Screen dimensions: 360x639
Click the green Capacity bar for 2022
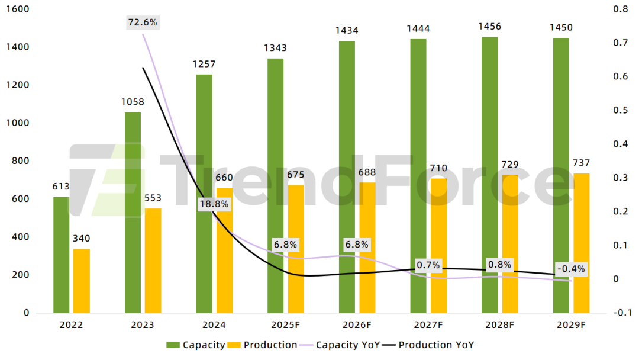point(61,255)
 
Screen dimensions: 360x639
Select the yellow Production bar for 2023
point(153,261)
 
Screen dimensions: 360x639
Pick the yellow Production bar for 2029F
point(582,243)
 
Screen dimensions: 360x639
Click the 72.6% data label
point(143,22)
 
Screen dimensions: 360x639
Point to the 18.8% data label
point(214,204)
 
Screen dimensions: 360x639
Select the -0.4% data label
point(571,268)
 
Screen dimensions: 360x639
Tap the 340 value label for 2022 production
point(82,238)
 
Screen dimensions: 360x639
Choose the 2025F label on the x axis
point(285,325)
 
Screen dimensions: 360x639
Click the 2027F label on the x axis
point(428,325)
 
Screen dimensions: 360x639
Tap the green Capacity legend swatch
point(173,345)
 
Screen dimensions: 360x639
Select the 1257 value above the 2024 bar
point(204,64)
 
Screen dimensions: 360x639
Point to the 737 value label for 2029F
point(582,163)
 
